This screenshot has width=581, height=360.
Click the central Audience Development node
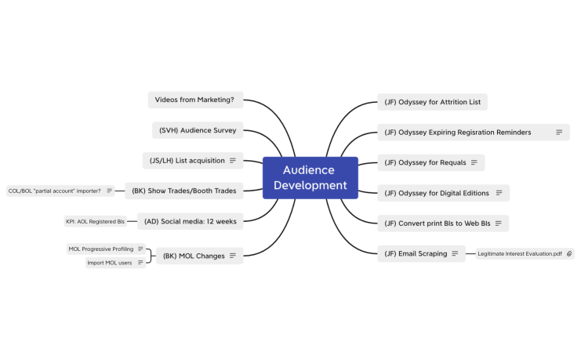click(x=310, y=177)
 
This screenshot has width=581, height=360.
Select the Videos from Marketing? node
click(x=194, y=100)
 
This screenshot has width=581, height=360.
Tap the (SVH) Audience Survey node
click(x=197, y=130)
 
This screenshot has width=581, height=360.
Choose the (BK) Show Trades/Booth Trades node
click(x=184, y=190)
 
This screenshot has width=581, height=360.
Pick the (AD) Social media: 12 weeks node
click(x=190, y=221)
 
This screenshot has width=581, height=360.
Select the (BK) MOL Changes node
click(x=194, y=256)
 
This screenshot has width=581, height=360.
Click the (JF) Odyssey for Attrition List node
click(x=432, y=102)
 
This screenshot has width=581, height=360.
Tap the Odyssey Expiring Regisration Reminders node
click(x=464, y=133)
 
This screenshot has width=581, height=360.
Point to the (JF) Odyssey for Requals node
click(x=425, y=162)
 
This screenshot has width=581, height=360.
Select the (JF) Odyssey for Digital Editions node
click(x=436, y=193)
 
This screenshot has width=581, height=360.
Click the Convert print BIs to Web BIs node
click(x=436, y=224)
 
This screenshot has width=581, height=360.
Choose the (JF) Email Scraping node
click(x=416, y=253)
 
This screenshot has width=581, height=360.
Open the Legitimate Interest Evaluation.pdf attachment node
click(x=520, y=254)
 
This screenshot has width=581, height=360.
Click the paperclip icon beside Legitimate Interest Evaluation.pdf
click(x=569, y=254)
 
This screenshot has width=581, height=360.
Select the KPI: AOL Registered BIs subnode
click(x=96, y=222)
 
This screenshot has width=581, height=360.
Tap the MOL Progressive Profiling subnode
click(x=101, y=249)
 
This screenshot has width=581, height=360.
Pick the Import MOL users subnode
click(x=110, y=263)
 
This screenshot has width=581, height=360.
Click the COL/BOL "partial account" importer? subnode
click(x=55, y=191)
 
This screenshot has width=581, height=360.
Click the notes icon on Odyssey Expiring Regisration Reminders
click(x=559, y=133)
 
